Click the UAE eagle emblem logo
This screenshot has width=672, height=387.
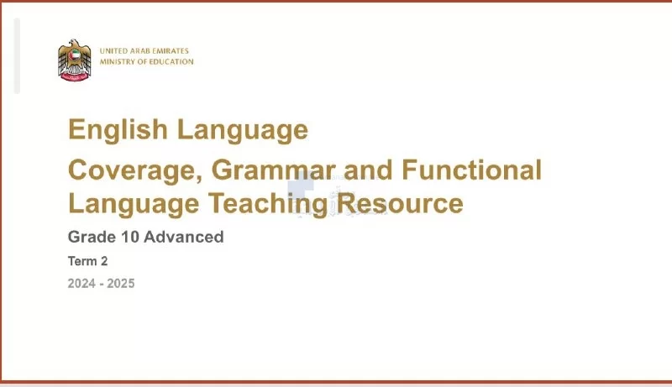click(75, 60)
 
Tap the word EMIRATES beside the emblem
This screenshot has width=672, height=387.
click(171, 50)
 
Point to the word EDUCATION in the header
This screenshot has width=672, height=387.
click(171, 61)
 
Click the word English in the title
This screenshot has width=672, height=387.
click(118, 130)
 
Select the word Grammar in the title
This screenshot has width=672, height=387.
click(273, 170)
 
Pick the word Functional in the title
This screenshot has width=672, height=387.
click(471, 169)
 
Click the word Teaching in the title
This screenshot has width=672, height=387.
click(268, 204)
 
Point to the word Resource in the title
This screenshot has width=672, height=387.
click(400, 203)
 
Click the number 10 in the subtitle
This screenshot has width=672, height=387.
click(130, 237)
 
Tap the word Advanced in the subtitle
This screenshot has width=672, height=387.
click(184, 237)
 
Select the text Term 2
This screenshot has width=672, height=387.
click(88, 261)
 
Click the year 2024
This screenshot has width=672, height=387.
click(81, 284)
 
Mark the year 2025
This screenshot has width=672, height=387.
click(121, 284)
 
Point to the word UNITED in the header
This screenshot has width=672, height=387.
click(113, 50)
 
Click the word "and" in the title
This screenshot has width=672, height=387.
click(368, 170)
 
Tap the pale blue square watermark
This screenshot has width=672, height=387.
click(301, 185)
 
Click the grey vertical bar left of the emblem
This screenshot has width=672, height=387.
click(17, 55)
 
